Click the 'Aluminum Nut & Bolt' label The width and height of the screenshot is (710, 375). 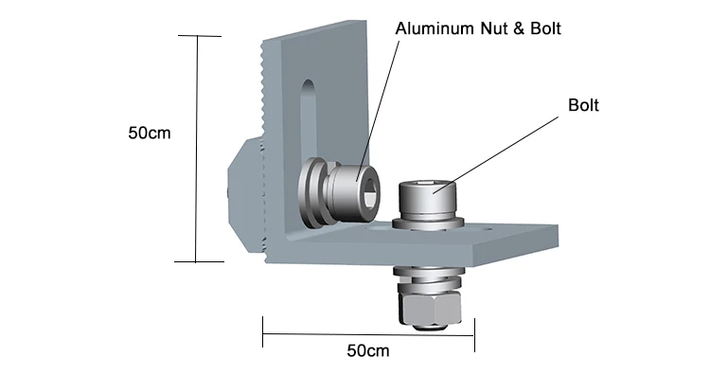[478, 28]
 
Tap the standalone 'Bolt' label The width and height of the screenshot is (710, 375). [583, 105]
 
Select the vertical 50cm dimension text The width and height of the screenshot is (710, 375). [150, 134]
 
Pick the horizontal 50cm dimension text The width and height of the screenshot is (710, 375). [368, 350]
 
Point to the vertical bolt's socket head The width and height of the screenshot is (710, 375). [428, 198]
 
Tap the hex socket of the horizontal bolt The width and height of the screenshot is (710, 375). [370, 191]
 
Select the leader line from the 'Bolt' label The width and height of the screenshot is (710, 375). [495, 155]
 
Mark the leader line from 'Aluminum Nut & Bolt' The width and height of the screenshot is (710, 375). [378, 111]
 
